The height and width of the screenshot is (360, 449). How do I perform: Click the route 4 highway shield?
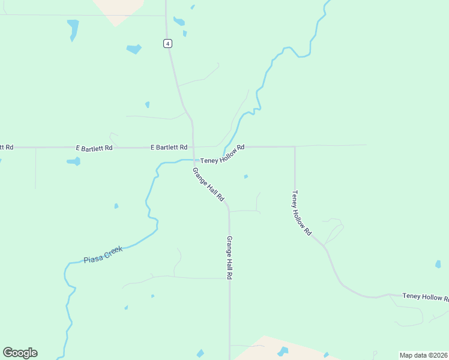click(x=167, y=43)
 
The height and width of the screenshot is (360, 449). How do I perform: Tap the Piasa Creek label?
click(x=103, y=255)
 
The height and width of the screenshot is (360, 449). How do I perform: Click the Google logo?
click(x=20, y=353)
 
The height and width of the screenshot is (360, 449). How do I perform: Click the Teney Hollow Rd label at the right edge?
click(x=425, y=296)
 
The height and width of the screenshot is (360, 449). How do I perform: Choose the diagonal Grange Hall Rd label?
click(x=208, y=184)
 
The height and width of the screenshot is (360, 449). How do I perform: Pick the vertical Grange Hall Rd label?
click(x=229, y=257)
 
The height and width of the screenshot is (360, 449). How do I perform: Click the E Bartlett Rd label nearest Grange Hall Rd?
click(x=169, y=147)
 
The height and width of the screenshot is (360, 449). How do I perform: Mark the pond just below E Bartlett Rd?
click(x=73, y=161)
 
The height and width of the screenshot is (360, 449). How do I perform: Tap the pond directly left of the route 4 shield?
click(x=134, y=49)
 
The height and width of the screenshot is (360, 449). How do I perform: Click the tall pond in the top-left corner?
click(x=73, y=29)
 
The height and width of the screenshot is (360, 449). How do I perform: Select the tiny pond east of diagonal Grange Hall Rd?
click(x=246, y=176)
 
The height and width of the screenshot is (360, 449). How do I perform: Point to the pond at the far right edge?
click(x=438, y=264)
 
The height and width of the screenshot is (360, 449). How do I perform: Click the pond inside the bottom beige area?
click(x=283, y=351)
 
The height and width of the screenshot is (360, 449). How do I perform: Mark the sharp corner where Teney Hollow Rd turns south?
click(x=295, y=146)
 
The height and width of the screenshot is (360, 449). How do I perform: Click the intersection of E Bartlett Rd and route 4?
click(x=193, y=147)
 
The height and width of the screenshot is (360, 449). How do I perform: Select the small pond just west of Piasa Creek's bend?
click(x=116, y=206)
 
